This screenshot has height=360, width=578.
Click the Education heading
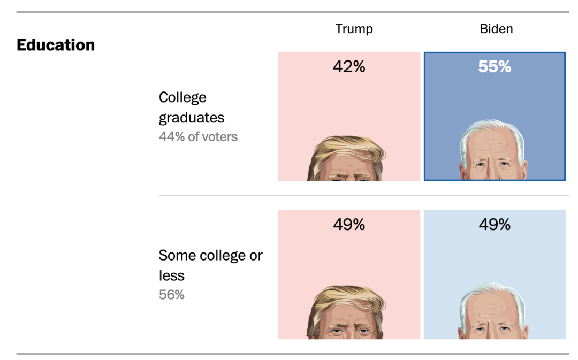click(56, 45)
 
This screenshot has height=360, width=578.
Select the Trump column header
click(354, 29)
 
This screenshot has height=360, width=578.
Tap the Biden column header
click(496, 29)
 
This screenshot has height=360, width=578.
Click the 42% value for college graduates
click(349, 67)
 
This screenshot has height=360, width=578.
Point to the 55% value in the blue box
click(495, 67)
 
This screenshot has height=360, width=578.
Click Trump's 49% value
click(349, 225)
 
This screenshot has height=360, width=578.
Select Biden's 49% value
click(495, 225)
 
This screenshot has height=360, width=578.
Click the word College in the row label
click(182, 98)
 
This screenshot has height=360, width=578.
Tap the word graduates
click(192, 118)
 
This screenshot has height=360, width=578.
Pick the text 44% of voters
click(198, 137)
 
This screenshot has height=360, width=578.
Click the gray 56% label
click(171, 294)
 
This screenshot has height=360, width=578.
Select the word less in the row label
click(171, 275)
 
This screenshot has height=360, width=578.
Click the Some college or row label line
click(210, 255)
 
